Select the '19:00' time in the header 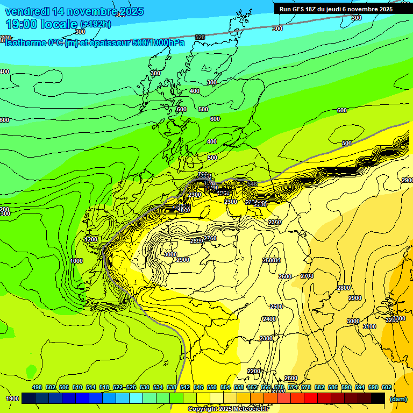(x=22, y=24)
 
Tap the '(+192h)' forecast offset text (x=96, y=24)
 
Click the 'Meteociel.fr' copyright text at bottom (x=247, y=409)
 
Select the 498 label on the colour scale (x=37, y=387)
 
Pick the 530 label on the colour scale (x=145, y=387)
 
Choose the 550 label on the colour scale (x=212, y=387)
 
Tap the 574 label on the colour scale (x=293, y=387)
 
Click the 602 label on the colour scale (x=387, y=387)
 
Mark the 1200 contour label (x=91, y=239)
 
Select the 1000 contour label (x=76, y=261)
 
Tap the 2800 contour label (x=344, y=288)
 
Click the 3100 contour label (x=369, y=326)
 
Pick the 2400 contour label (x=269, y=319)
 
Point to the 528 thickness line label (x=200, y=37)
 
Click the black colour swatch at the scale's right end (x=378, y=398)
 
